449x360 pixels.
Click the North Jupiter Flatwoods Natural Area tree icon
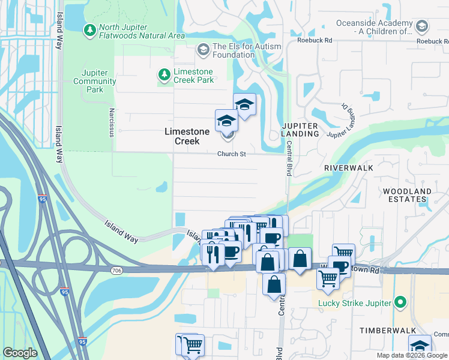tap(89, 29)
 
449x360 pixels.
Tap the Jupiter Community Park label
tap(94, 81)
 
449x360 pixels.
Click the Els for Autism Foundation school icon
tap(203, 49)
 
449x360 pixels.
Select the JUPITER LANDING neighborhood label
tap(300, 129)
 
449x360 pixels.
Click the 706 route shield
tap(117, 271)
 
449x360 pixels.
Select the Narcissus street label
tap(111, 122)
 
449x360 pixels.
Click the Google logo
tap(20, 353)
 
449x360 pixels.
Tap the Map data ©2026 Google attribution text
tap(411, 355)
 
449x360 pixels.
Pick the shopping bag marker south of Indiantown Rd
tap(274, 285)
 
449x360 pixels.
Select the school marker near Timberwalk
tap(420, 346)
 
